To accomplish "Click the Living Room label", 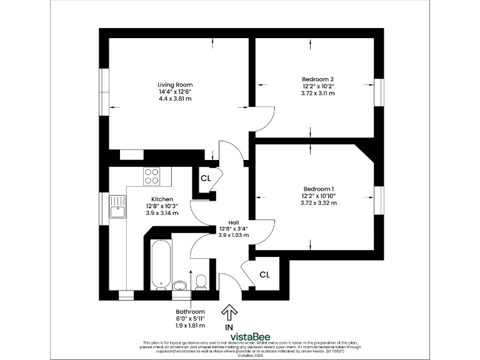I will (174, 84).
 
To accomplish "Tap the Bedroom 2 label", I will (317, 79).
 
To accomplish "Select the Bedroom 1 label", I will (319, 189).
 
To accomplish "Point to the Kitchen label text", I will (161, 199).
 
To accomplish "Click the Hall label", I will (233, 221).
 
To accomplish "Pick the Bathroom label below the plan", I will (190, 311).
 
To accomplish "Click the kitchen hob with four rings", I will (152, 176).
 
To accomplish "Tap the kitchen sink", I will (117, 206).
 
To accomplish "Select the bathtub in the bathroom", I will (160, 264).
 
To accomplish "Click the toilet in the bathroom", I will (201, 282).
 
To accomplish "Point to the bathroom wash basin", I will (181, 286).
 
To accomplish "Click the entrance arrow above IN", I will (229, 311).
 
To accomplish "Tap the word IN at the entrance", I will (229, 326).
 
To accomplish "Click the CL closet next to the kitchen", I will (206, 178).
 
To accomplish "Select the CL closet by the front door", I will (264, 274).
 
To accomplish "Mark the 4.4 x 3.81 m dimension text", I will (174, 99).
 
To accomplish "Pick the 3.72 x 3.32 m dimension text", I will (319, 203).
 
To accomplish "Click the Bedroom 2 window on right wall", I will (377, 92).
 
